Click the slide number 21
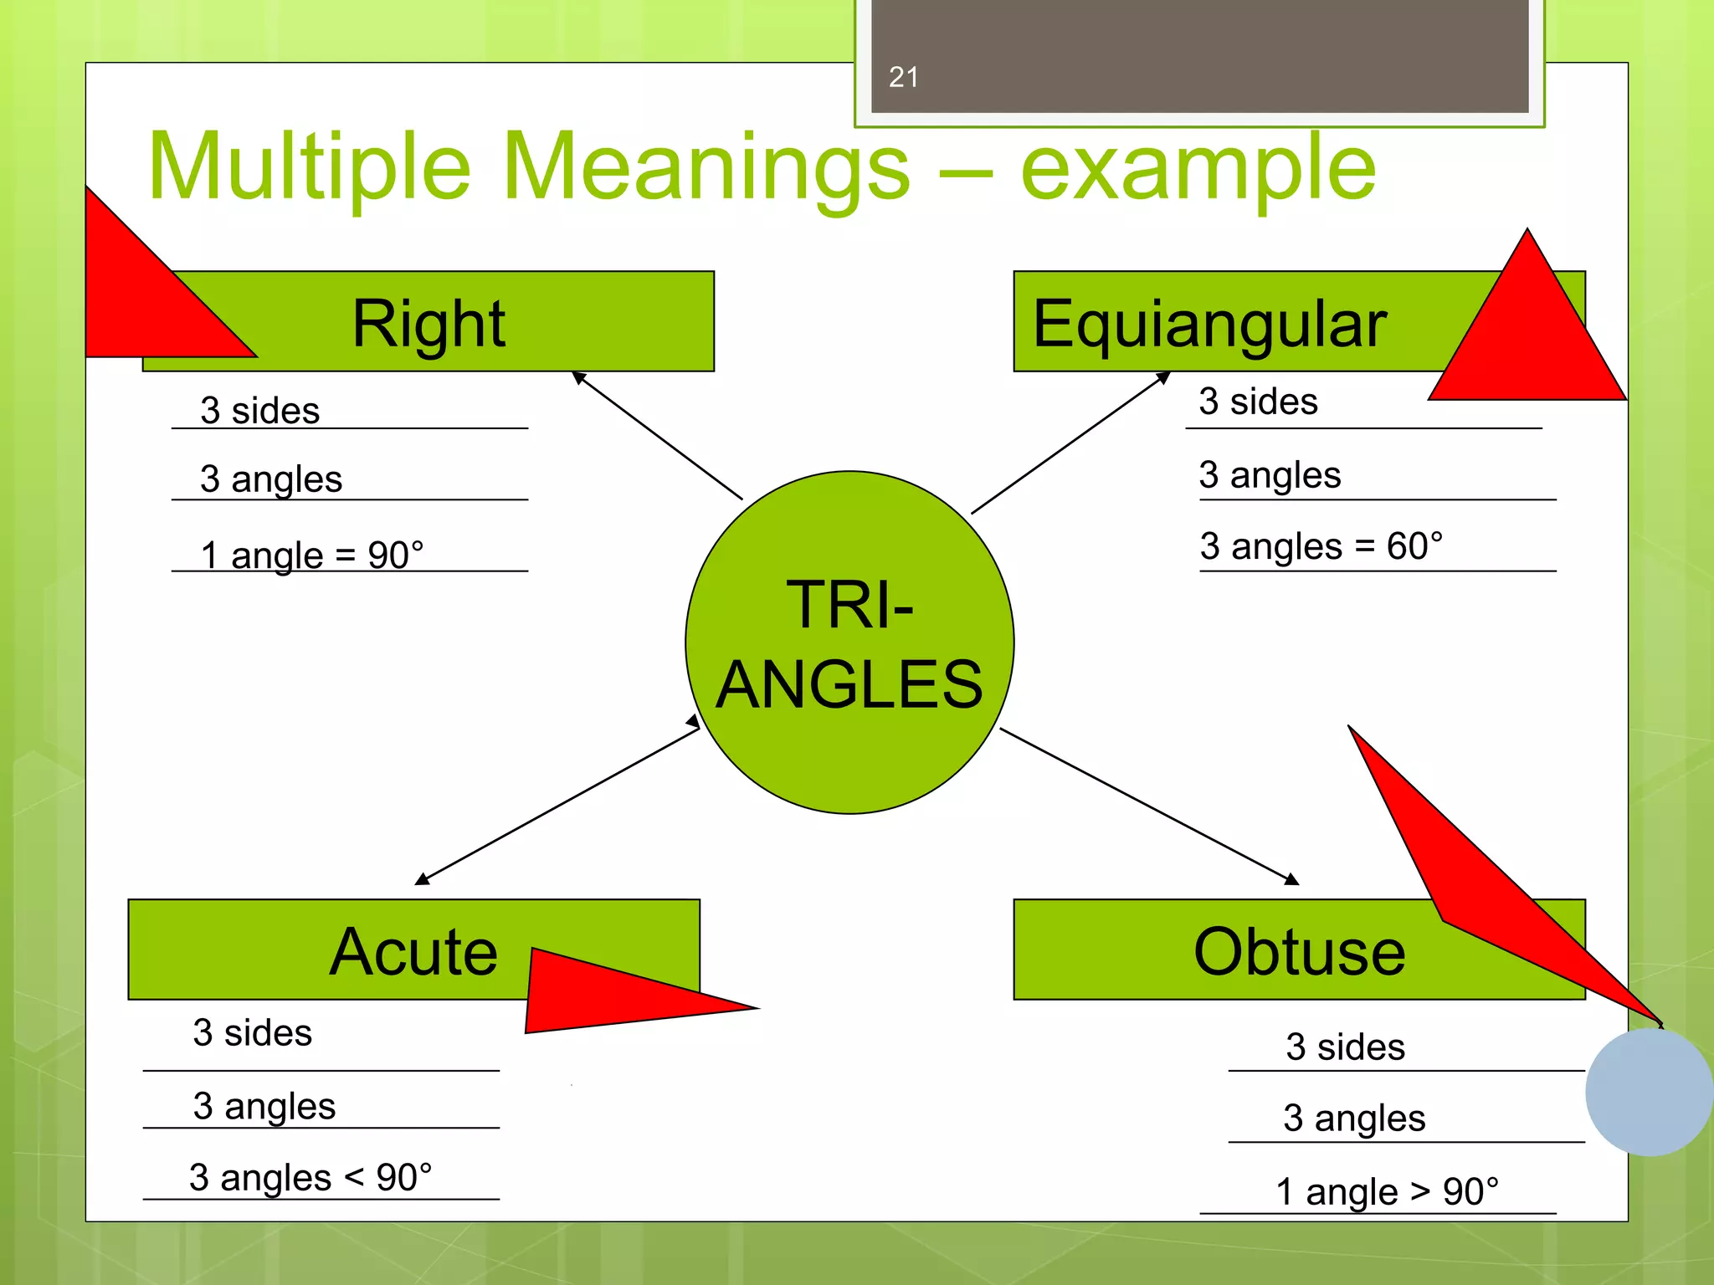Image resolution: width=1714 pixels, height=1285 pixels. (x=903, y=77)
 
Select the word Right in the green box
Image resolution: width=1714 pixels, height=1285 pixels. (x=428, y=324)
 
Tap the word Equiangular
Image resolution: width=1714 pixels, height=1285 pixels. (x=1209, y=325)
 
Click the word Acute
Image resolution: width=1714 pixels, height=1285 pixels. (x=413, y=951)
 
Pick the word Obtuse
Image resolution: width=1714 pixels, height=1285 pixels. (x=1299, y=952)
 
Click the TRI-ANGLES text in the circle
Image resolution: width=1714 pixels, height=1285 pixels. (x=849, y=644)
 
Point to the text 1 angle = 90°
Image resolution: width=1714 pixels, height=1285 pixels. (x=312, y=555)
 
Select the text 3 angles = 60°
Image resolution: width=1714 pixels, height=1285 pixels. (x=1321, y=546)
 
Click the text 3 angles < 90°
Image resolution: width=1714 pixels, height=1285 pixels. (x=310, y=1177)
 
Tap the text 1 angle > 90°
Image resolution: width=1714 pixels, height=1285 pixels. (x=1387, y=1191)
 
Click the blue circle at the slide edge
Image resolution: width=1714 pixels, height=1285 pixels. (x=1649, y=1092)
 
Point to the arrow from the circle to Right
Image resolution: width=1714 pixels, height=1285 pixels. (x=657, y=435)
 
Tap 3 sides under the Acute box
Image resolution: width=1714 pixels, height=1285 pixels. (x=252, y=1032)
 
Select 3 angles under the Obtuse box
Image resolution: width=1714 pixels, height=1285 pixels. (x=1353, y=1119)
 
